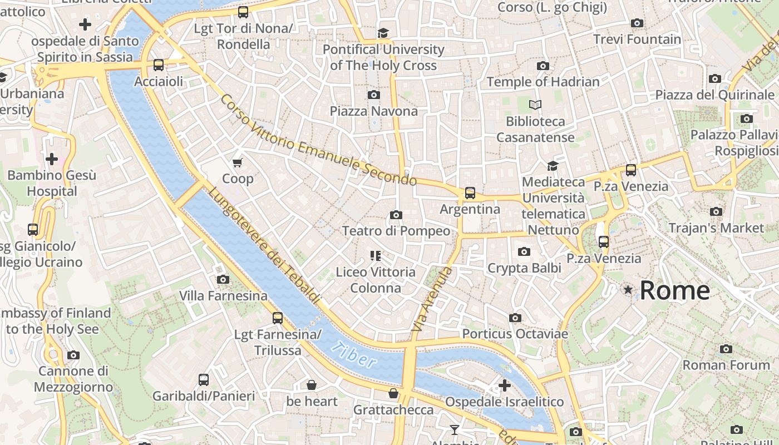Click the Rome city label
(x=674, y=290)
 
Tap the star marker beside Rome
(x=628, y=290)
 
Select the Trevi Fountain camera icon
(x=637, y=23)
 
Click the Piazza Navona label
(x=373, y=111)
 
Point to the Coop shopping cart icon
(x=238, y=162)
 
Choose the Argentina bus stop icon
(x=470, y=193)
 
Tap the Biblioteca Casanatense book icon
(x=535, y=105)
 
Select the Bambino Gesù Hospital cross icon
(x=52, y=160)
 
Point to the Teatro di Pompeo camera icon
(x=396, y=215)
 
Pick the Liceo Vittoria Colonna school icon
(x=376, y=256)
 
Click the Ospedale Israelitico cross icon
(x=505, y=385)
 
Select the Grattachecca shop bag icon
(x=393, y=394)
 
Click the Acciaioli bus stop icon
(x=159, y=65)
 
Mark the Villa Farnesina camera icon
(x=223, y=279)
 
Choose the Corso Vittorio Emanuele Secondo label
(x=318, y=140)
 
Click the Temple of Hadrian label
(x=543, y=82)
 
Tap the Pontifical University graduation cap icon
(x=383, y=33)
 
